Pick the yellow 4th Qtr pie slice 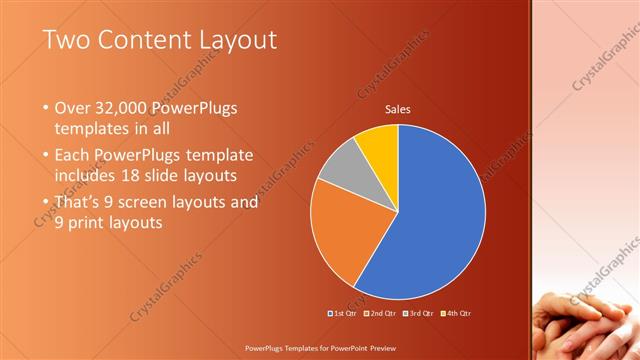tap(379, 143)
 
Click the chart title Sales tap(398, 110)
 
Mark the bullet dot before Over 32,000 tap(46, 107)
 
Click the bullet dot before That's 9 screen tap(46, 202)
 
